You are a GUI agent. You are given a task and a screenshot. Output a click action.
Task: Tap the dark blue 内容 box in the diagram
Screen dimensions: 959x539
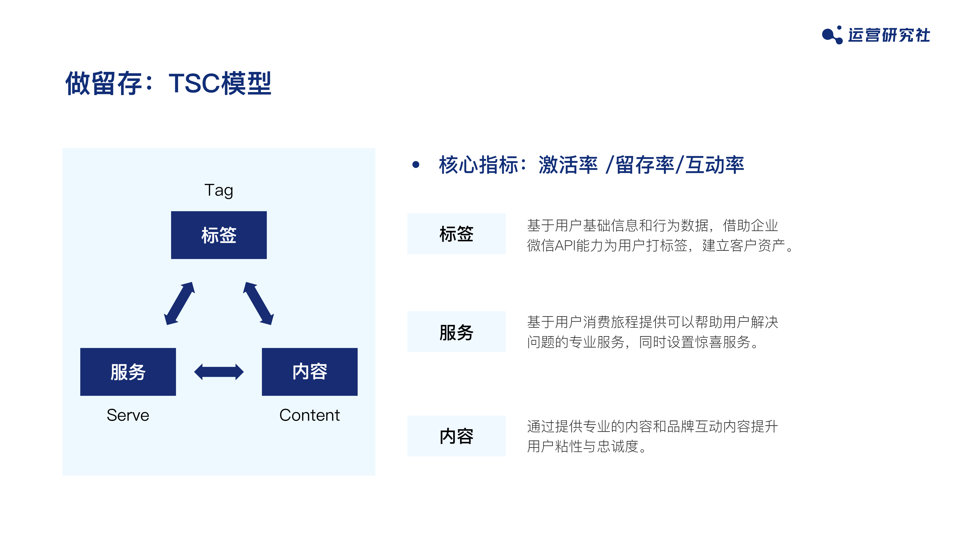click(309, 372)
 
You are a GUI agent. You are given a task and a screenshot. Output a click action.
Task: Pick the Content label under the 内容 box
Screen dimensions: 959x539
click(309, 415)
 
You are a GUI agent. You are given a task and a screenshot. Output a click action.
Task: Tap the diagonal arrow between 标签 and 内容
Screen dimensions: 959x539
click(258, 303)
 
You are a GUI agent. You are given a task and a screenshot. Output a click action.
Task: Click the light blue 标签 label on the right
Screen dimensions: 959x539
click(457, 234)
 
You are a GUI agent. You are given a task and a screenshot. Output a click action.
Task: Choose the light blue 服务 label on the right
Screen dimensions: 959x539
click(457, 332)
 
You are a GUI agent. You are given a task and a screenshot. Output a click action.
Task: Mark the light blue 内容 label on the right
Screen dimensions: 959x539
click(457, 436)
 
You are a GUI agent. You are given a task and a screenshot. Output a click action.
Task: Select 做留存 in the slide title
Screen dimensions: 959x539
click(104, 83)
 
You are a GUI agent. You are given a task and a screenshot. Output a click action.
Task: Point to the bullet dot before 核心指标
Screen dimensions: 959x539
click(416, 164)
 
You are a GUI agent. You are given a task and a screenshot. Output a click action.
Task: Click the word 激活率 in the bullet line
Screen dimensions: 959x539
click(568, 164)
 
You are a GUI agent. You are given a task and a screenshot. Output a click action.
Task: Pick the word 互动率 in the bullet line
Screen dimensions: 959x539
click(715, 164)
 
